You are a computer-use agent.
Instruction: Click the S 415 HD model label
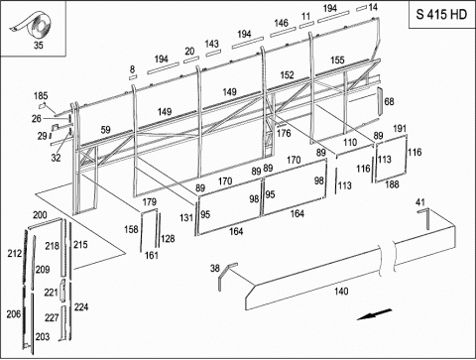441,15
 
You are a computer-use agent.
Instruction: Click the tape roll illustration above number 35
33,25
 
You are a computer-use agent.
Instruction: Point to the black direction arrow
374,314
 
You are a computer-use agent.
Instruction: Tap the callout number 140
341,292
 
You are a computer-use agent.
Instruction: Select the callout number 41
420,202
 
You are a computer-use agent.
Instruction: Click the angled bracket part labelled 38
226,276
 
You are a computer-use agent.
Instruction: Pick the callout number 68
389,101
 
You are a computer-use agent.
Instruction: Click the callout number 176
284,133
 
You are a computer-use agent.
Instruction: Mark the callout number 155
337,60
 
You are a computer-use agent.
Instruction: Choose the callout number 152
287,75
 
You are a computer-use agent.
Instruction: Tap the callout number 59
105,130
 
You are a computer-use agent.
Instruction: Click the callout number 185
41,96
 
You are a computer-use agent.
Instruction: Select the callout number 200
40,215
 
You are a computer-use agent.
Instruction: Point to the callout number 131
186,217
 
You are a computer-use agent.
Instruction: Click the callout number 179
150,202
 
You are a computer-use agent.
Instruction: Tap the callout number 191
400,128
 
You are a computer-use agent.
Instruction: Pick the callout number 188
392,184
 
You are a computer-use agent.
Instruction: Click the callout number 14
373,7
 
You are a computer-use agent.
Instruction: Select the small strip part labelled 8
133,77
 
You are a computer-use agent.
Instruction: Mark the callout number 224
81,307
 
